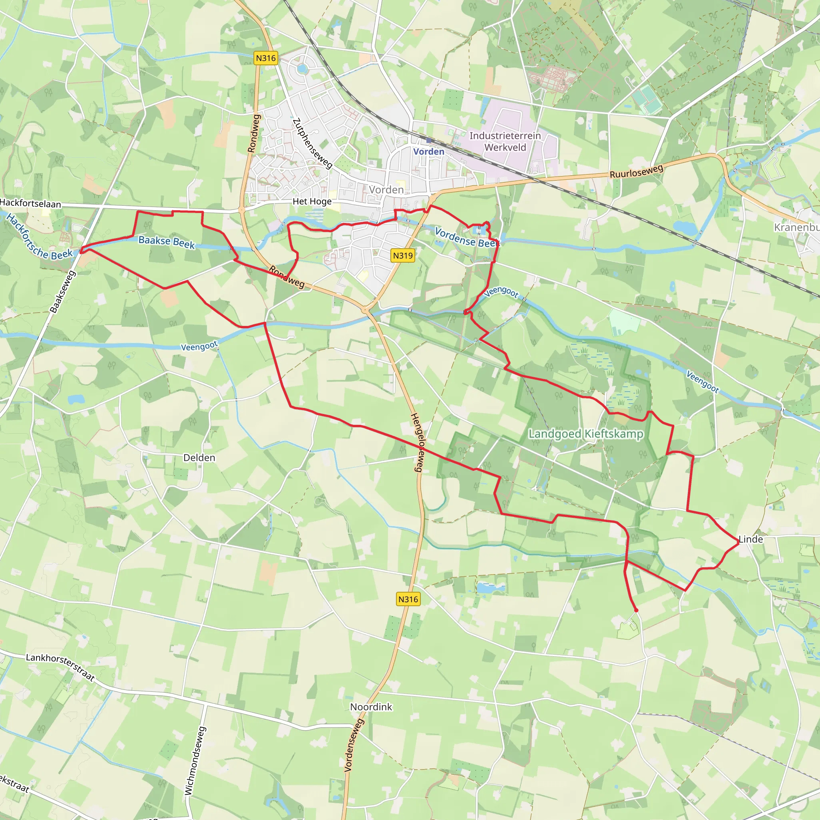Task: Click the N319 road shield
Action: click(402, 255)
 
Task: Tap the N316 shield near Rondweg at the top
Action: click(266, 58)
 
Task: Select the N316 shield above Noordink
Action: click(408, 599)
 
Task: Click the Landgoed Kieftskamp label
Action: click(586, 434)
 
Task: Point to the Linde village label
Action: click(750, 539)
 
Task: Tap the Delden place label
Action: click(199, 458)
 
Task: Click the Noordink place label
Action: click(371, 707)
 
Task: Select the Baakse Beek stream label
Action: click(167, 242)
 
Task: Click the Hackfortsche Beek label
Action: click(39, 238)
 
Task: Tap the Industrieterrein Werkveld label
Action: click(505, 141)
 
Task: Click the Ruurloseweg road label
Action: click(636, 171)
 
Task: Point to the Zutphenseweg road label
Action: click(312, 143)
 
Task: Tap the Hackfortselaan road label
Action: click(30, 203)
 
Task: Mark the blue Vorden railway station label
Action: click(429, 151)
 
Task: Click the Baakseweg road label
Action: click(62, 291)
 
